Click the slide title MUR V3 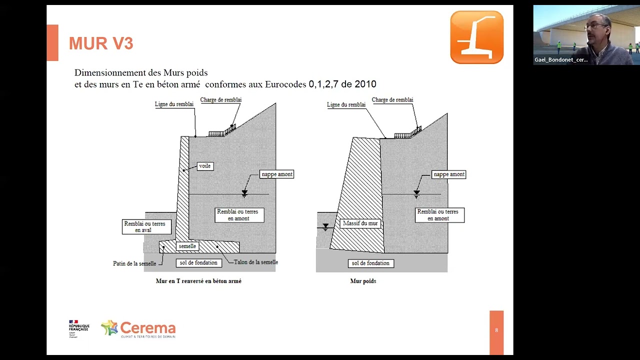tap(101, 43)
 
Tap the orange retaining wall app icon tap(476, 37)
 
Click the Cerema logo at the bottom tap(138, 329)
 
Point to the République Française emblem tap(78, 328)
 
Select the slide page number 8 tap(496, 330)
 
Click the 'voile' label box tap(205, 166)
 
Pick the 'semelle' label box tap(187, 246)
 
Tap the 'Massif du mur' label tap(360, 223)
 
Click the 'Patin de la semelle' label tap(134, 263)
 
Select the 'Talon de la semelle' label tap(255, 262)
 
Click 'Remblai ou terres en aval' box tap(144, 226)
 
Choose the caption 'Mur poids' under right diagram tap(363, 281)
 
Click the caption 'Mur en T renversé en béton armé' tap(198, 281)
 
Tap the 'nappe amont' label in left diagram tap(277, 174)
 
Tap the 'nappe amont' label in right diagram tap(449, 174)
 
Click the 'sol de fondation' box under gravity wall tap(370, 263)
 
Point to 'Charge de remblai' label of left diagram tap(220, 100)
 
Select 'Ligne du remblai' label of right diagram tap(346, 104)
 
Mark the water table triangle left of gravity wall tap(325, 226)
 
